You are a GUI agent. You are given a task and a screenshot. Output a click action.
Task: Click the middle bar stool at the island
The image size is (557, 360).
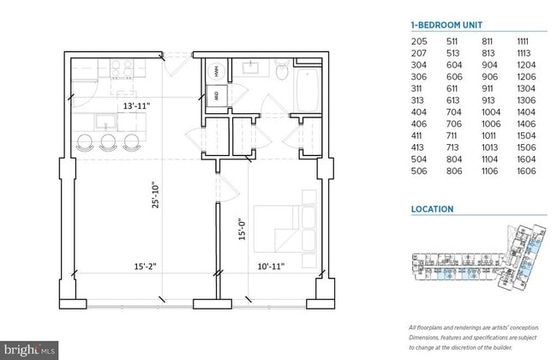click(x=108, y=142)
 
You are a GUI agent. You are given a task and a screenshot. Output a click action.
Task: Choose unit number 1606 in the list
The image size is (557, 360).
click(x=526, y=171)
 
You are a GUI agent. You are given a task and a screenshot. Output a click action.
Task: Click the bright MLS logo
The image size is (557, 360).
click(x=31, y=350)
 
